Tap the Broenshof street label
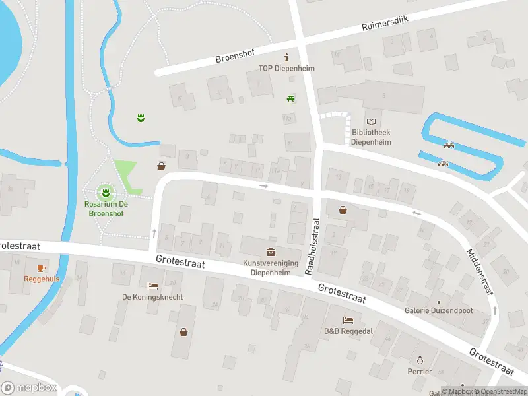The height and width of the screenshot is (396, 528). click(x=237, y=55)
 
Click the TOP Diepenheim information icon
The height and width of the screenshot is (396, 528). click(x=286, y=57)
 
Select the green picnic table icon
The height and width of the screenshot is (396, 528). click(x=290, y=98)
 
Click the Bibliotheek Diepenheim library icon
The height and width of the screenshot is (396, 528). click(x=372, y=121)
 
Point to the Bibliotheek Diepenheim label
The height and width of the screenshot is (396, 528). click(x=370, y=137)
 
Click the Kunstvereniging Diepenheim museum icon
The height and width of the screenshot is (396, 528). click(x=271, y=251)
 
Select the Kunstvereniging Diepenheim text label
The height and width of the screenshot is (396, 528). click(x=271, y=267)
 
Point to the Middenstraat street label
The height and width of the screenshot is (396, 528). click(x=480, y=271)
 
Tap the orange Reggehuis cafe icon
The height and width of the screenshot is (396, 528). click(x=41, y=267)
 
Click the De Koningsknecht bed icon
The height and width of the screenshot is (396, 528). click(x=152, y=286)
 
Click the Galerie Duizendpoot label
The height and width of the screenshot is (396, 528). click(x=439, y=310)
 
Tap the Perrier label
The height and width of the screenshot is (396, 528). click(x=420, y=371)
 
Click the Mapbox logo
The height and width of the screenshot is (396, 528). click(x=29, y=388)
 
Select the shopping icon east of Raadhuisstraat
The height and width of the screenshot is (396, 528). click(x=343, y=210)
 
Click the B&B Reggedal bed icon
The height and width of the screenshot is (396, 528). click(x=348, y=320)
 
